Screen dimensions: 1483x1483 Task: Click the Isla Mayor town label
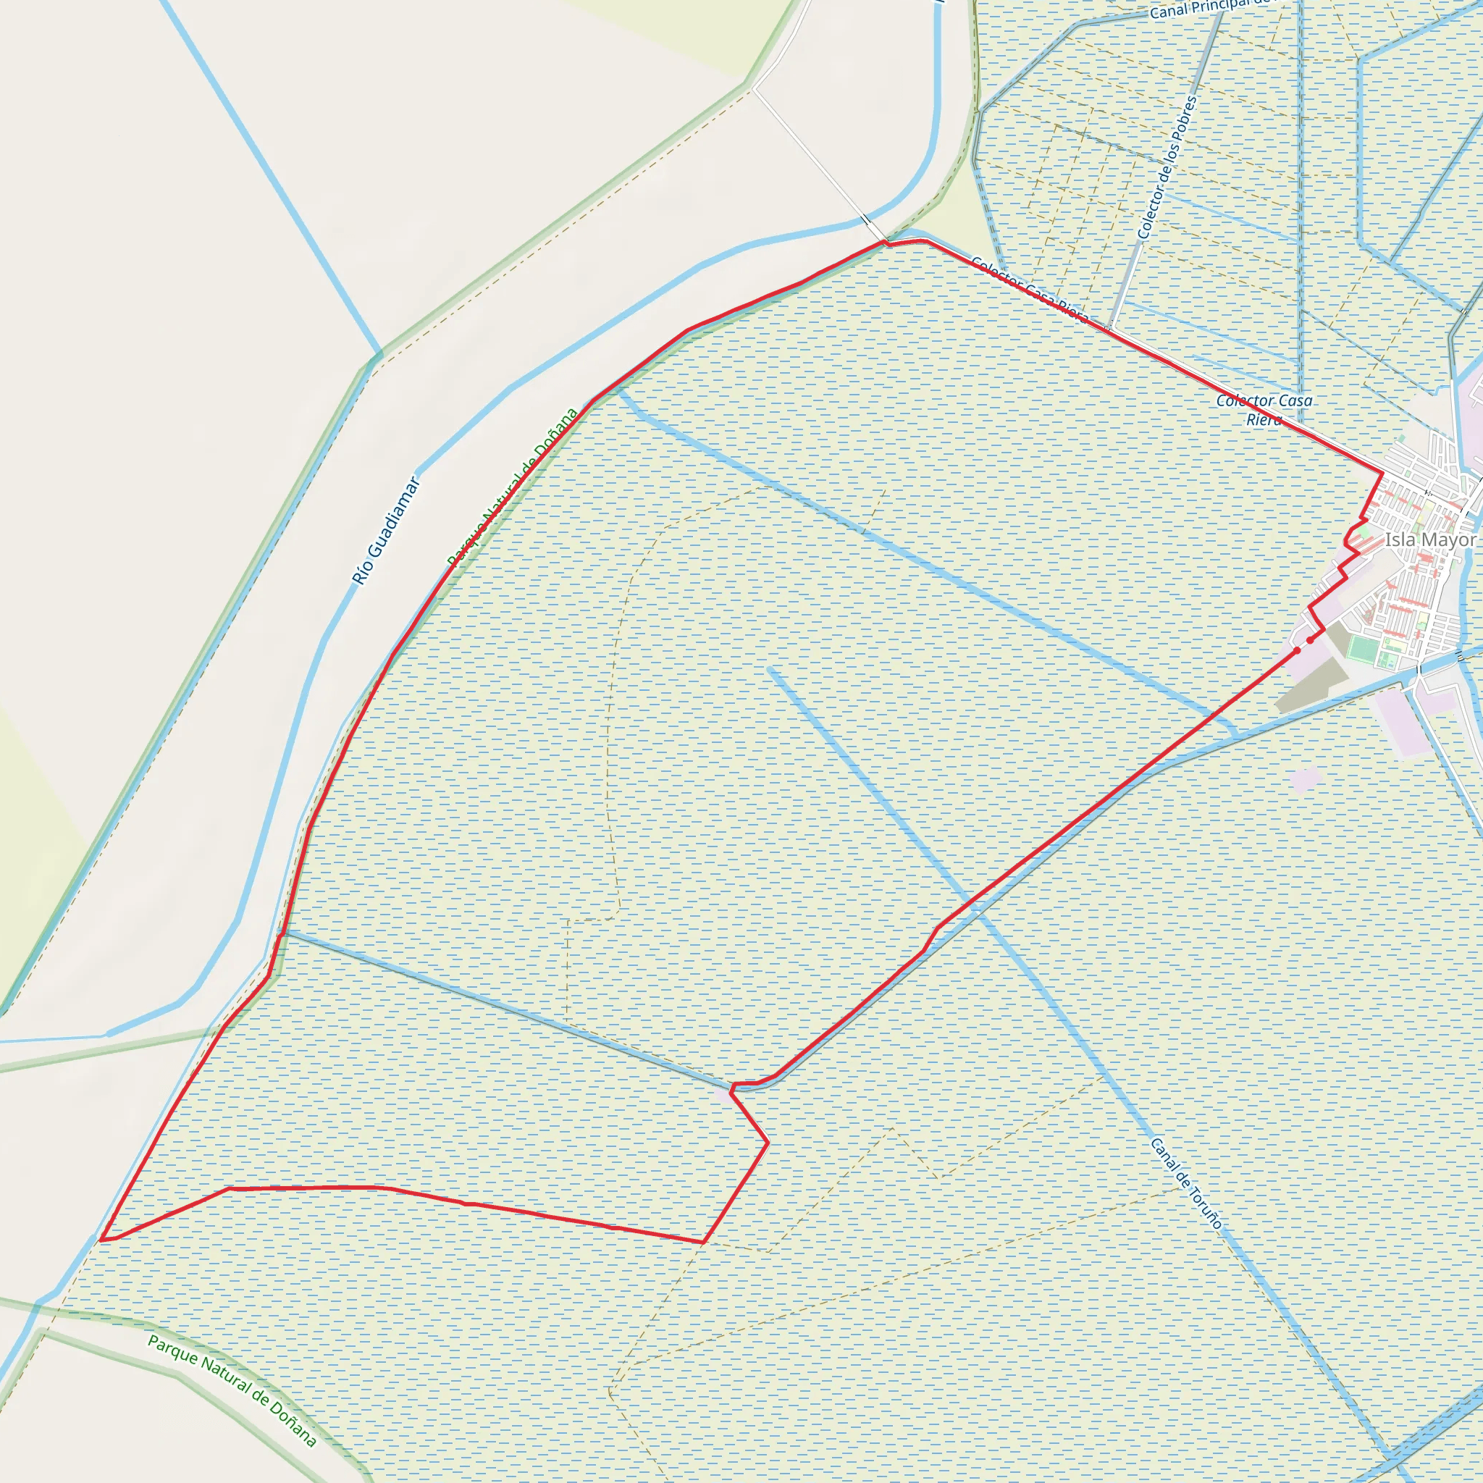click(x=1429, y=539)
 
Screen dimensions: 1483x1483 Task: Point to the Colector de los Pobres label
click(x=1167, y=167)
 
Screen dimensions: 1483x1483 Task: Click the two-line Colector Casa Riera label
click(x=1264, y=410)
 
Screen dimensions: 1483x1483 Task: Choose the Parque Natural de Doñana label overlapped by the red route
click(x=512, y=487)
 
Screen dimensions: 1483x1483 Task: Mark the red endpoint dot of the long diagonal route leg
click(x=1297, y=650)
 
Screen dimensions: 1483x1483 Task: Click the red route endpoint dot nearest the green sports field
click(x=1310, y=639)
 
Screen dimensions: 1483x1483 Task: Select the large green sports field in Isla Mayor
click(x=1364, y=650)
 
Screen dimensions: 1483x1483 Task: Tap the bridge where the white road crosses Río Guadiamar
click(x=867, y=220)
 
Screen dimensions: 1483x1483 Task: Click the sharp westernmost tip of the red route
click(x=101, y=1239)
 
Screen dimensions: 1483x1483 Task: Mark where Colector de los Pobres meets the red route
click(x=1109, y=329)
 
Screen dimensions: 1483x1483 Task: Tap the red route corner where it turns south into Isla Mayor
click(x=1382, y=474)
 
